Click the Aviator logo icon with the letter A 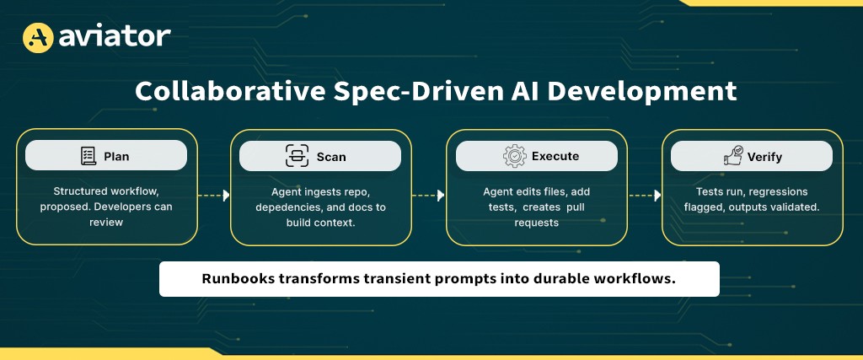(x=37, y=36)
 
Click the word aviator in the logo (x=115, y=36)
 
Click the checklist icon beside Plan (x=88, y=156)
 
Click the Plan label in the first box (x=117, y=156)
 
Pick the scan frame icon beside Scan (x=297, y=156)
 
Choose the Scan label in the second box (x=331, y=156)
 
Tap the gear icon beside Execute (x=514, y=156)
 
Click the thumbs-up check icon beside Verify (x=732, y=156)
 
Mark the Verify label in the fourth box (x=764, y=156)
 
